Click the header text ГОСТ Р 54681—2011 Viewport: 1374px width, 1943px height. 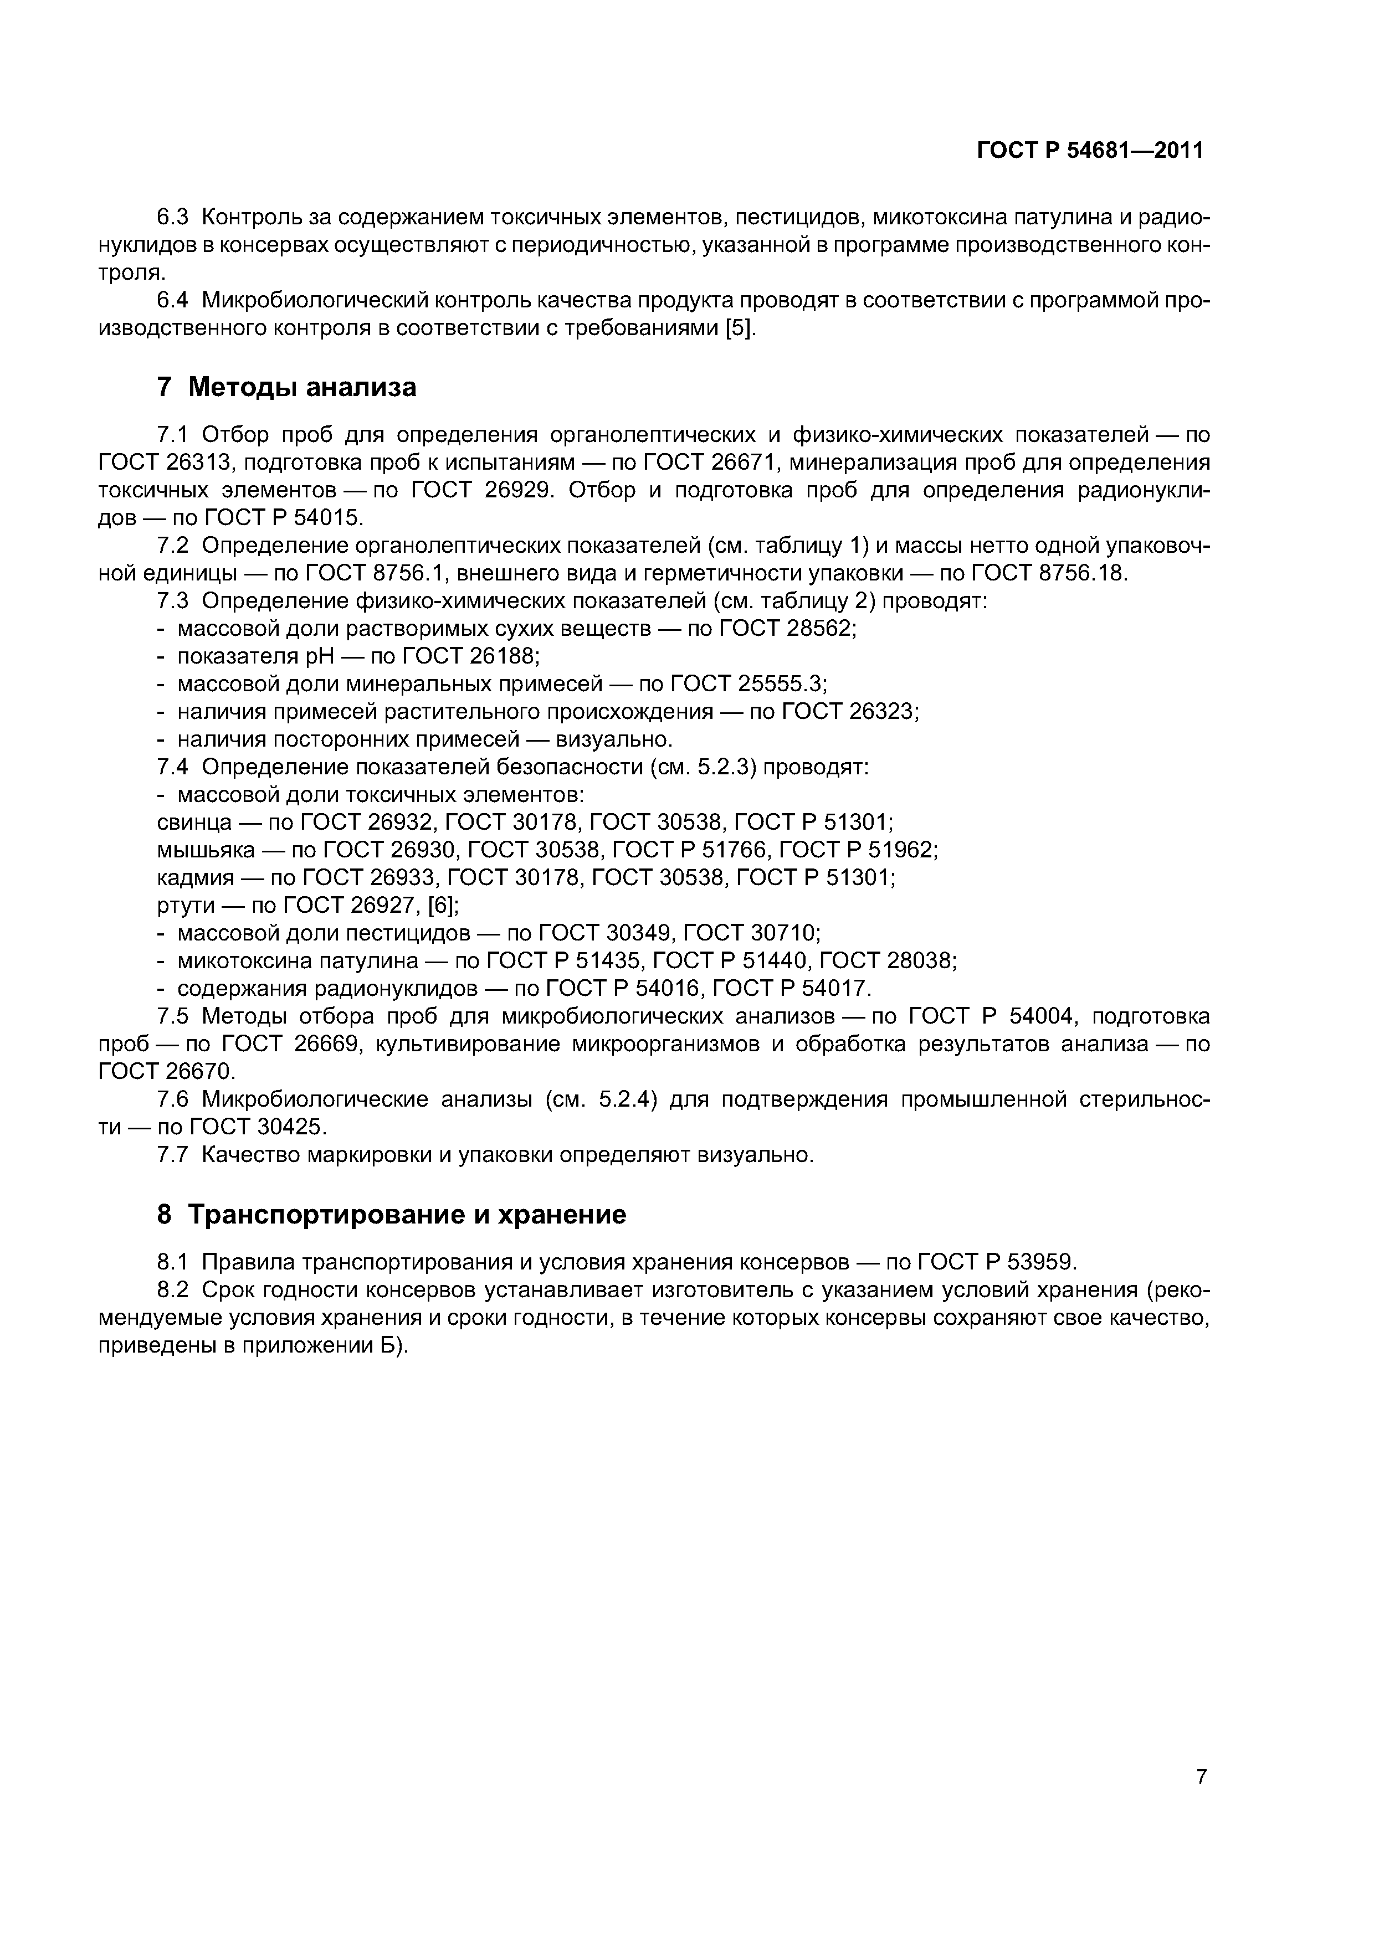pyautogui.click(x=1090, y=151)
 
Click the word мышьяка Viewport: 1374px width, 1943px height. pyautogui.click(x=206, y=850)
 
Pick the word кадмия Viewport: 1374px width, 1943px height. pyautogui.click(x=194, y=877)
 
